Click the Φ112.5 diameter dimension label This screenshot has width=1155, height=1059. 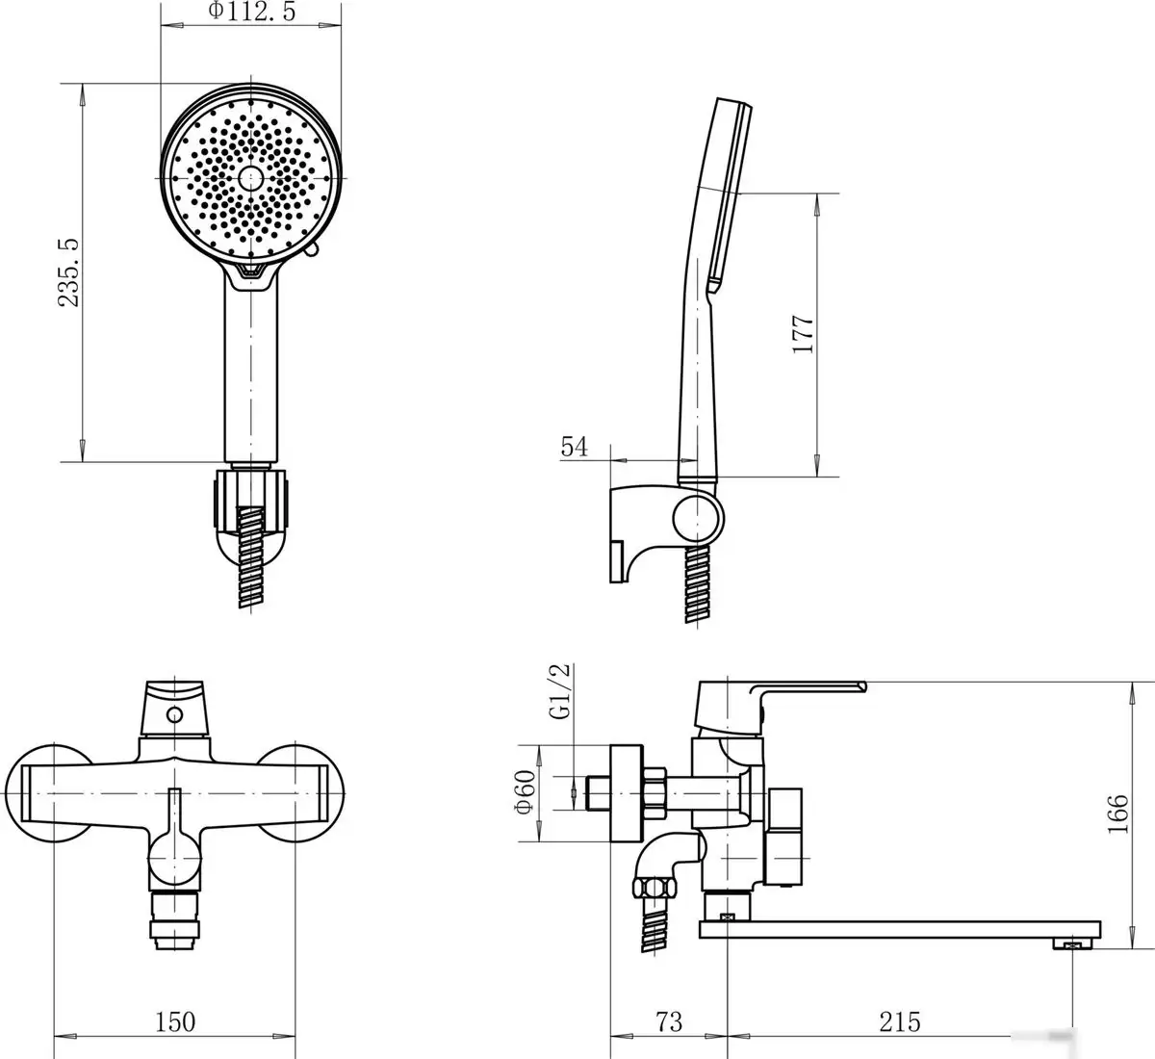tap(251, 11)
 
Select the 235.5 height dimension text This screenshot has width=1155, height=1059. tap(68, 271)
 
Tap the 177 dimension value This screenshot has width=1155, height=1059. tap(803, 334)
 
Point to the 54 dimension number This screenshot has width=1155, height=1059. tap(574, 447)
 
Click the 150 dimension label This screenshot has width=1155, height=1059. tap(175, 1021)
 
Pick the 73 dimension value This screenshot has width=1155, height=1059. tap(669, 1021)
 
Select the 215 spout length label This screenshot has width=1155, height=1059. tap(900, 1021)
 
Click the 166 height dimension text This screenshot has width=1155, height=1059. tap(1117, 814)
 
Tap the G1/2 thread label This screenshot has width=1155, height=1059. tap(559, 691)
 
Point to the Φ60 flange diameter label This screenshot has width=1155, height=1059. tap(526, 792)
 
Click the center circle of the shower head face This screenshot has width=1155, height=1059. tap(251, 179)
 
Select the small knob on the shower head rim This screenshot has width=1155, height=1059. tap(312, 249)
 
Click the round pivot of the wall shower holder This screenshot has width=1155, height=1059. tap(698, 517)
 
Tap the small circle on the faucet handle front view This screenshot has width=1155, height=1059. tap(174, 715)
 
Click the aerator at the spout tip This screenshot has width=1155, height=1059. tap(1072, 943)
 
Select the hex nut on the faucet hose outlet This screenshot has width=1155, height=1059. tap(654, 888)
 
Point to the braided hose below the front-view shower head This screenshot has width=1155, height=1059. tap(251, 556)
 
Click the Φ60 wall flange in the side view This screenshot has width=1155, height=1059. tap(627, 793)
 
